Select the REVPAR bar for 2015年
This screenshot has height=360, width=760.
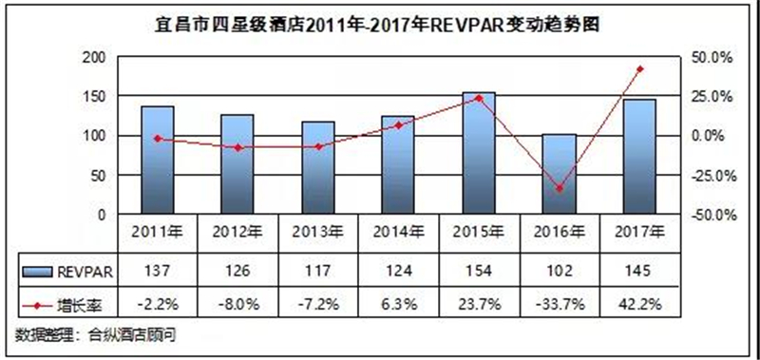[x=479, y=153]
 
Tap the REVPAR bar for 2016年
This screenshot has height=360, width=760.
[x=560, y=174]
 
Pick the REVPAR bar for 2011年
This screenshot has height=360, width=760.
[x=158, y=160]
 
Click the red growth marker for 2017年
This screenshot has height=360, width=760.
[x=639, y=69]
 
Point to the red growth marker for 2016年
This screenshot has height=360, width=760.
[x=560, y=188]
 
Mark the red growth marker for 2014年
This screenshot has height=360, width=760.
[x=398, y=125]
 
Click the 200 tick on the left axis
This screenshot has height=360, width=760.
[x=94, y=58]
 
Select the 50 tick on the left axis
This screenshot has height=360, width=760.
[x=99, y=176]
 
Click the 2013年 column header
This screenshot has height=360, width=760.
[x=318, y=233]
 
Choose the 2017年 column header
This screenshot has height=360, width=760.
[x=639, y=233]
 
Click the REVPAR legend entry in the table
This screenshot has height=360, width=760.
[x=67, y=272]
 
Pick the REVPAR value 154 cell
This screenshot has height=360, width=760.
[x=479, y=271]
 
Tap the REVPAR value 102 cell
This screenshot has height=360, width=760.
[x=560, y=271]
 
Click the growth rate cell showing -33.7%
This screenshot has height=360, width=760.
[x=560, y=305]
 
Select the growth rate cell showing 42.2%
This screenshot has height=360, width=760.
[x=639, y=305]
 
